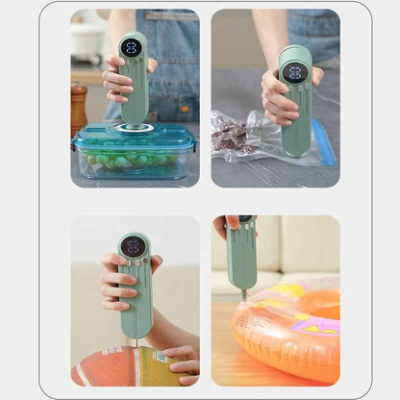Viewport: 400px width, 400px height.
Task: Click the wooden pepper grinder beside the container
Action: tap(78, 109)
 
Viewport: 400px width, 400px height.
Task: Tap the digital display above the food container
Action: tap(131, 48)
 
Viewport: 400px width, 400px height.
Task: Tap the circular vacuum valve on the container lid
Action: tap(134, 128)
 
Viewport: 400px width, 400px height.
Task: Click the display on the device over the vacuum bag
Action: tap(294, 72)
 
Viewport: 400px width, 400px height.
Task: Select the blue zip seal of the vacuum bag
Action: tap(324, 142)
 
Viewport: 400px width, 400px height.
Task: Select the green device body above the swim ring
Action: tap(242, 255)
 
